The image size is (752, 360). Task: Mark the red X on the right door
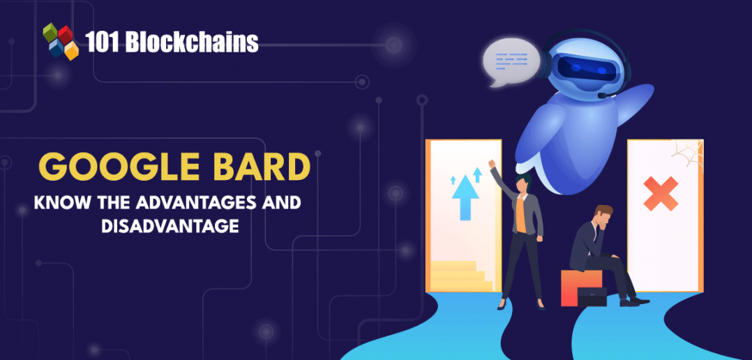pyautogui.click(x=661, y=193)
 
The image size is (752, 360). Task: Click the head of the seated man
pyautogui.click(x=603, y=217)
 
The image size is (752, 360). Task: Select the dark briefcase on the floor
pyautogui.click(x=593, y=296)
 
